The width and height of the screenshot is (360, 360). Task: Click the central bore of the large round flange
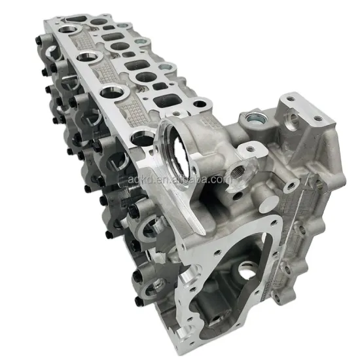coord(177,146)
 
